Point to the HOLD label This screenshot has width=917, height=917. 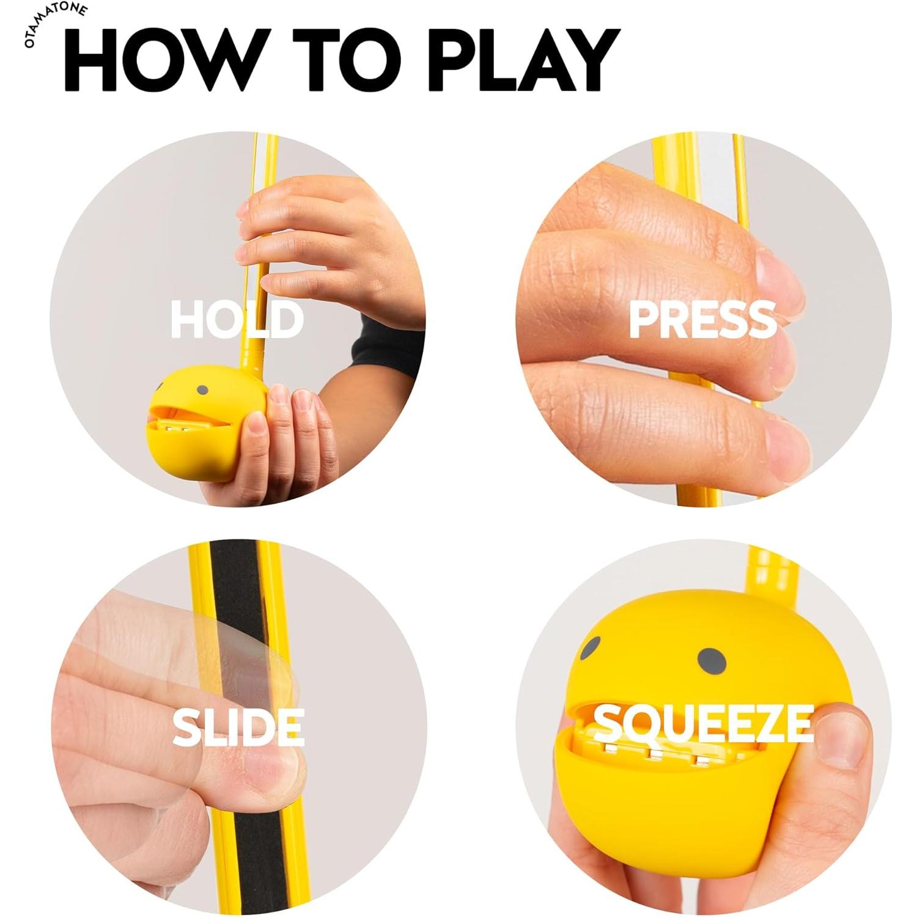click(237, 320)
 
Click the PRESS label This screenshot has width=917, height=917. click(702, 320)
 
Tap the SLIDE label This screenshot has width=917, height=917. click(238, 727)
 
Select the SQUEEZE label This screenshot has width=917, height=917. click(703, 724)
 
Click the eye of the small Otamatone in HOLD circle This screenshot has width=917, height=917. click(202, 390)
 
